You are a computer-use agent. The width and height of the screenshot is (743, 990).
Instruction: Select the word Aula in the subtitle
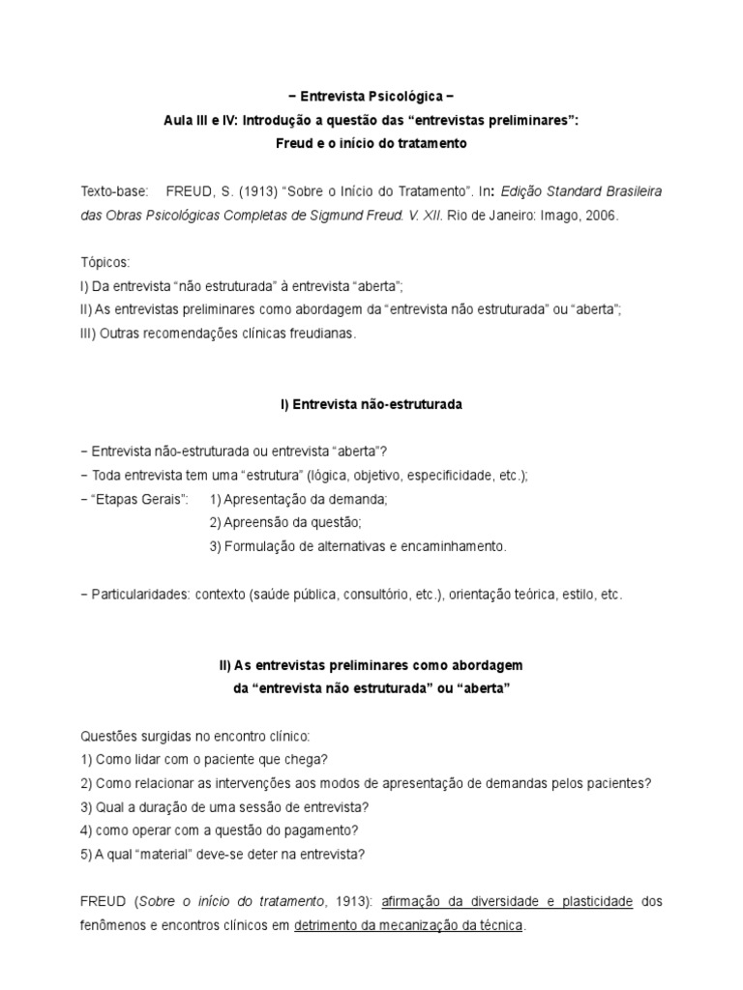click(179, 121)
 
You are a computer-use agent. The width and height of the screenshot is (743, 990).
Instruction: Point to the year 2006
click(599, 216)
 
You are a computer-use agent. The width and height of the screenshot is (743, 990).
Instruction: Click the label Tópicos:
click(104, 263)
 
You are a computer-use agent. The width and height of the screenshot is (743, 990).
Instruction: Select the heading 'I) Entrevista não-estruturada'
click(371, 404)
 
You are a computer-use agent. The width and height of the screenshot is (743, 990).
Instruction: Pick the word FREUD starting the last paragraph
click(103, 902)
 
